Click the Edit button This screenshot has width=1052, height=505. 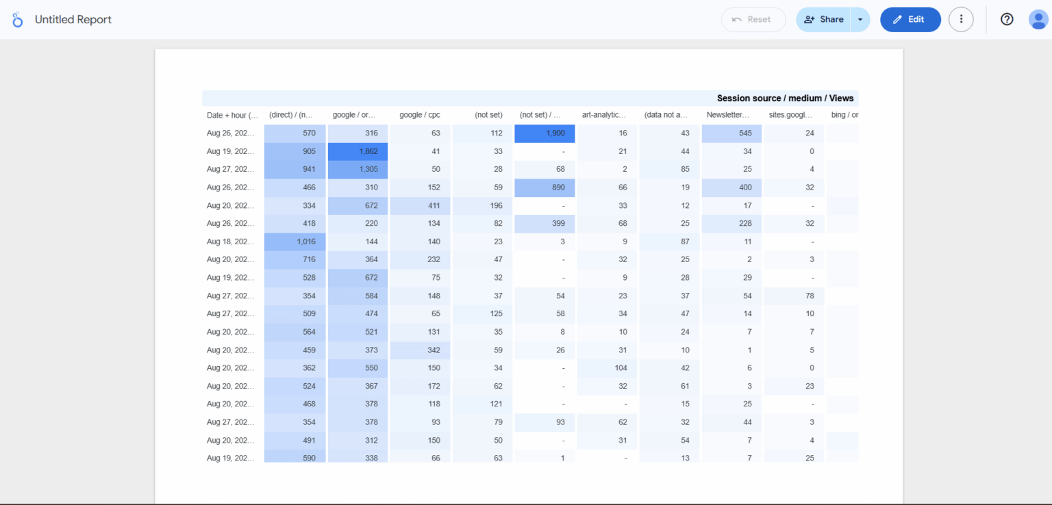[x=910, y=19]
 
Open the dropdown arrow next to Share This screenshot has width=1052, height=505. [x=860, y=19]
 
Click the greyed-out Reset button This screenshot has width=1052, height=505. [x=753, y=19]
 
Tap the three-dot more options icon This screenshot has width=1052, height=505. [x=961, y=19]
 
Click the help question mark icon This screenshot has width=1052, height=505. [x=1006, y=19]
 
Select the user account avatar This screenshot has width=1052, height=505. [x=1038, y=19]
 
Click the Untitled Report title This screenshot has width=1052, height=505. [x=73, y=20]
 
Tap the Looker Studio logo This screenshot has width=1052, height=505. [x=18, y=20]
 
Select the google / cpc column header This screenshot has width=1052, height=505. [x=419, y=115]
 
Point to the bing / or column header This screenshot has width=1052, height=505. [x=844, y=115]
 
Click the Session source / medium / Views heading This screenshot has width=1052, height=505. [x=785, y=99]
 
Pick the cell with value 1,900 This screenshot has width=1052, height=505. [x=545, y=133]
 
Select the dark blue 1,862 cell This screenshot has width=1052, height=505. [x=358, y=151]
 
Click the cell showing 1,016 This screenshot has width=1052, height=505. [x=295, y=242]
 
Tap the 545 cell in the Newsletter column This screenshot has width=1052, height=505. [x=731, y=133]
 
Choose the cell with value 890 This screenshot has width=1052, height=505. [x=545, y=187]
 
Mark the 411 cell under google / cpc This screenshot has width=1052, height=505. [x=421, y=205]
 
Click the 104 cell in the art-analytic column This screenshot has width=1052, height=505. [x=607, y=368]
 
